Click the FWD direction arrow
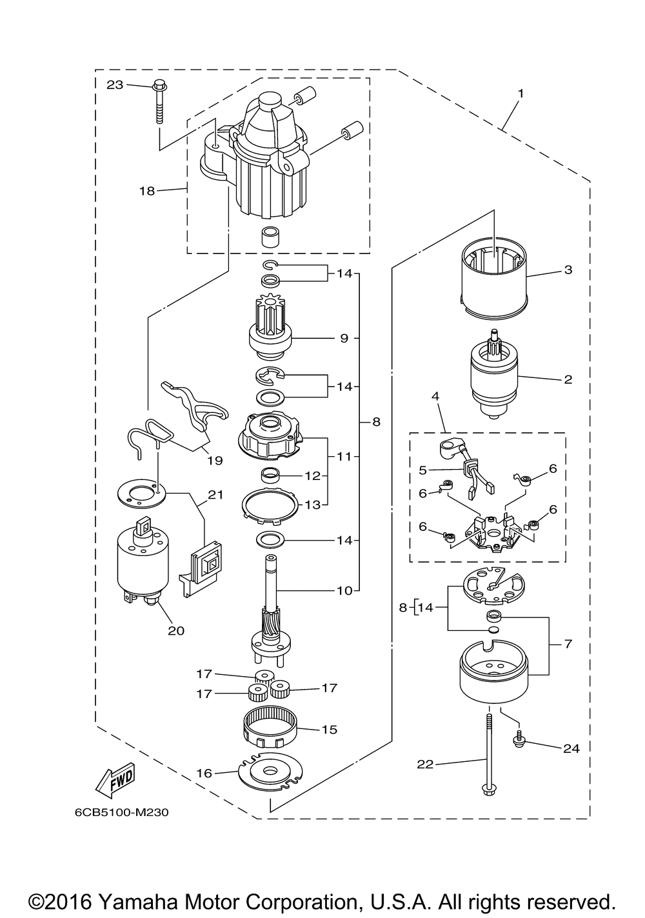[115, 781]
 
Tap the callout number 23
[115, 85]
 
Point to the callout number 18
[148, 191]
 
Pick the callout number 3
[568, 270]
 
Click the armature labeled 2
[495, 374]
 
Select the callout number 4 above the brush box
[435, 396]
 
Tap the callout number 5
[422, 470]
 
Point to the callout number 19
[215, 461]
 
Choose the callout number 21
[215, 495]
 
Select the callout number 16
[204, 773]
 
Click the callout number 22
[425, 764]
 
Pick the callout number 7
[568, 644]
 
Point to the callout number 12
[313, 476]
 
